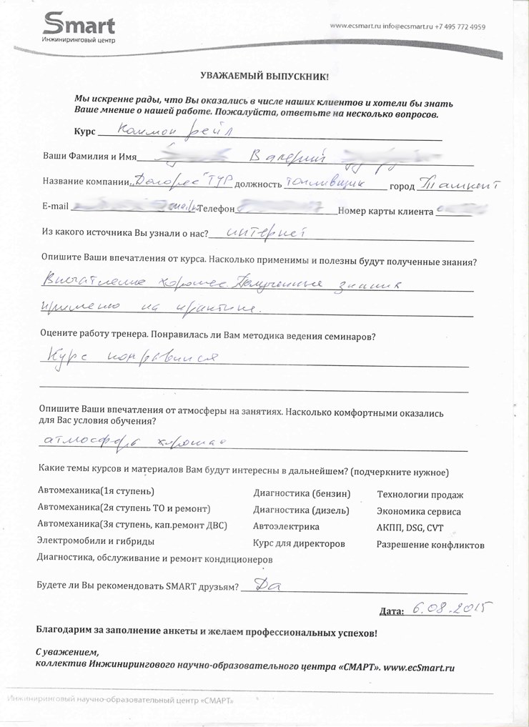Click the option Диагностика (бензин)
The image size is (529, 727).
point(302,493)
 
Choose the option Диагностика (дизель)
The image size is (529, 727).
point(302,510)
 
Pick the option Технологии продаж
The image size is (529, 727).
point(420,495)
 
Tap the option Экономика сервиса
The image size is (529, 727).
point(419,512)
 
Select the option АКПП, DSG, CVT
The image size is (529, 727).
point(410,528)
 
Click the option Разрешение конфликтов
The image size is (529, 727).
point(430,545)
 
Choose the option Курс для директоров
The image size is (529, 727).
point(300,543)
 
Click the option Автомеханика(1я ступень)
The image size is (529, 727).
point(96,492)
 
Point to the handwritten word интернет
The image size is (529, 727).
point(265,232)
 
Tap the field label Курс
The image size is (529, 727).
point(84,132)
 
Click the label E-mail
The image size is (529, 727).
point(56,207)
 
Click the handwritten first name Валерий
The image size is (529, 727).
point(286,154)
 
